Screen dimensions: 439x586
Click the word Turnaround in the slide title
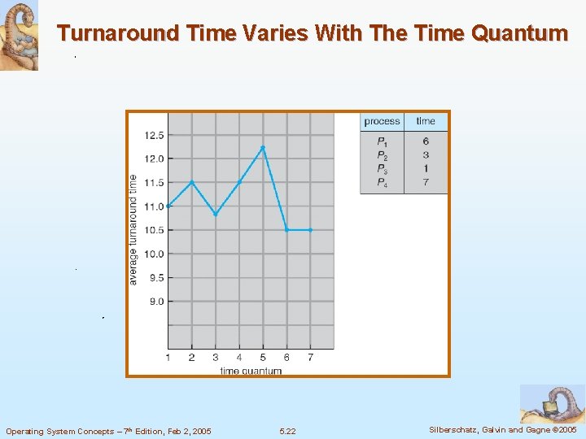(x=112, y=33)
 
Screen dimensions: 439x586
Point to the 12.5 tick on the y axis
(x=155, y=135)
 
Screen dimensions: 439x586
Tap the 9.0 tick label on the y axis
(x=155, y=302)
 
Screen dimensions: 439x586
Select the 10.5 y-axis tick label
(x=155, y=230)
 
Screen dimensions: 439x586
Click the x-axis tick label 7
(x=310, y=357)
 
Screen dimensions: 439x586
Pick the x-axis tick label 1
(x=168, y=357)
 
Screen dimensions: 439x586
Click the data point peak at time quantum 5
(x=263, y=147)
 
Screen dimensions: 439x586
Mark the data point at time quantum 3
(x=216, y=214)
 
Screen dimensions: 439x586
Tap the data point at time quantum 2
(x=191, y=182)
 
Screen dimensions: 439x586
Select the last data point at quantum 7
(x=310, y=230)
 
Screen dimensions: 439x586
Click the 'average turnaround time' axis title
(x=133, y=229)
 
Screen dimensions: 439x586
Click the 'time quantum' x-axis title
(x=251, y=371)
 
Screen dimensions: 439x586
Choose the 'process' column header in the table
(x=382, y=121)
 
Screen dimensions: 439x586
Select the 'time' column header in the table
(x=426, y=121)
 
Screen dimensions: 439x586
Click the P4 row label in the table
(x=382, y=182)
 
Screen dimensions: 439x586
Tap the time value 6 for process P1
(x=426, y=141)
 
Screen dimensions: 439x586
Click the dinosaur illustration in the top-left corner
(x=19, y=35)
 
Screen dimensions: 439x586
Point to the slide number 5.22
(x=287, y=431)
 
